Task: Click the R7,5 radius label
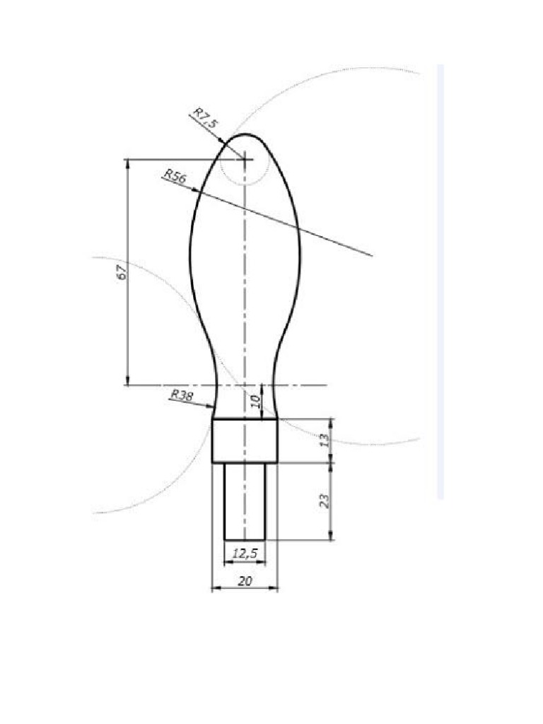(206, 118)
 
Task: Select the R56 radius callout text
(174, 176)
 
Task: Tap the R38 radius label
(181, 396)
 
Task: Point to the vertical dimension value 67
(121, 271)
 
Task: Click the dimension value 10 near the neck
(256, 402)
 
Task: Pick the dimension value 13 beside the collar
(324, 440)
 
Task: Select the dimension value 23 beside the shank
(324, 501)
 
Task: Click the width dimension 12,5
(245, 554)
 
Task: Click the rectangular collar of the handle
(245, 440)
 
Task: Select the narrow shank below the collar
(245, 501)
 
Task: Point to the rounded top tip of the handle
(245, 135)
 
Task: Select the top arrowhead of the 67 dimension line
(128, 163)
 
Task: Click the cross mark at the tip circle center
(245, 160)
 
